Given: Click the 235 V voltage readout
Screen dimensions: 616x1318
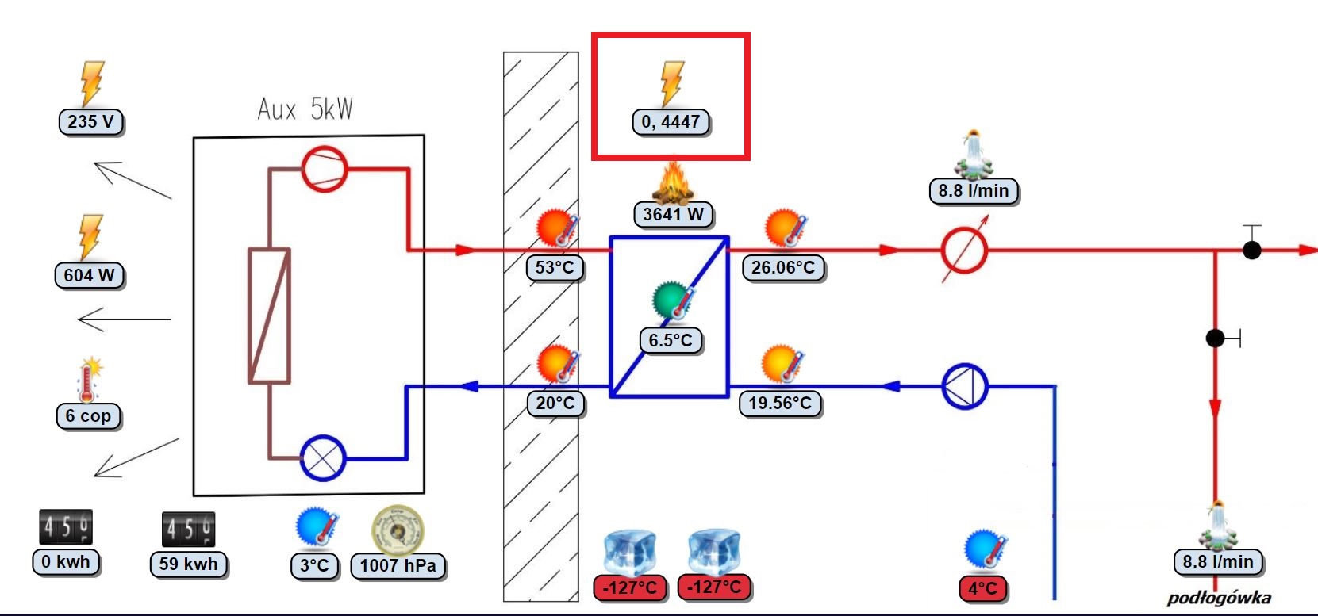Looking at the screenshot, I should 91,121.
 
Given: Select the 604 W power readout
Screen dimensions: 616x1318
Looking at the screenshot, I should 89,275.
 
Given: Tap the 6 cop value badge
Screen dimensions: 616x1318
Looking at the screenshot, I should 88,415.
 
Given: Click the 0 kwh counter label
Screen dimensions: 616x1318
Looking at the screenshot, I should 67,562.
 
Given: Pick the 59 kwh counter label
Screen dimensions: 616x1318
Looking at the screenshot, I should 188,564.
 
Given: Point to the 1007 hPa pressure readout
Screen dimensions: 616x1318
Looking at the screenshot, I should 398,565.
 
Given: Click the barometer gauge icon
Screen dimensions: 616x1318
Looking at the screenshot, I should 398,530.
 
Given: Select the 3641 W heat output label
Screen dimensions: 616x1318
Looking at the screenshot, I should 673,214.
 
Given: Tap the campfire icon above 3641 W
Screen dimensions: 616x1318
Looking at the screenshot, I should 673,183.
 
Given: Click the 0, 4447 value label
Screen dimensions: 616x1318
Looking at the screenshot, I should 671,122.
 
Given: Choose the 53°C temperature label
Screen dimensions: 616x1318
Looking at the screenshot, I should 555,267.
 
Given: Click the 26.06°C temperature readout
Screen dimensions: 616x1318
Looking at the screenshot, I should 782,267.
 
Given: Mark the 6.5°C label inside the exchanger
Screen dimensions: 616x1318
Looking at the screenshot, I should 671,340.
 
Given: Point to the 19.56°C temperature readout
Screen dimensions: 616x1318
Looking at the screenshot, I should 779,403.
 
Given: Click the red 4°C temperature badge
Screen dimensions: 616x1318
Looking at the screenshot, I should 982,588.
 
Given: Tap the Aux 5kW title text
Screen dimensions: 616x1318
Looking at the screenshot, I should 305,109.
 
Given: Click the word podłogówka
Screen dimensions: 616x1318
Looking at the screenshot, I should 1218,598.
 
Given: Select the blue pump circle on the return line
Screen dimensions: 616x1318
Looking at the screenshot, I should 964,387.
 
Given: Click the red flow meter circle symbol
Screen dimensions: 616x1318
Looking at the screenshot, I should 964,251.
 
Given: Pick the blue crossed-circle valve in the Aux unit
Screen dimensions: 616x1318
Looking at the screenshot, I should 323,458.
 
